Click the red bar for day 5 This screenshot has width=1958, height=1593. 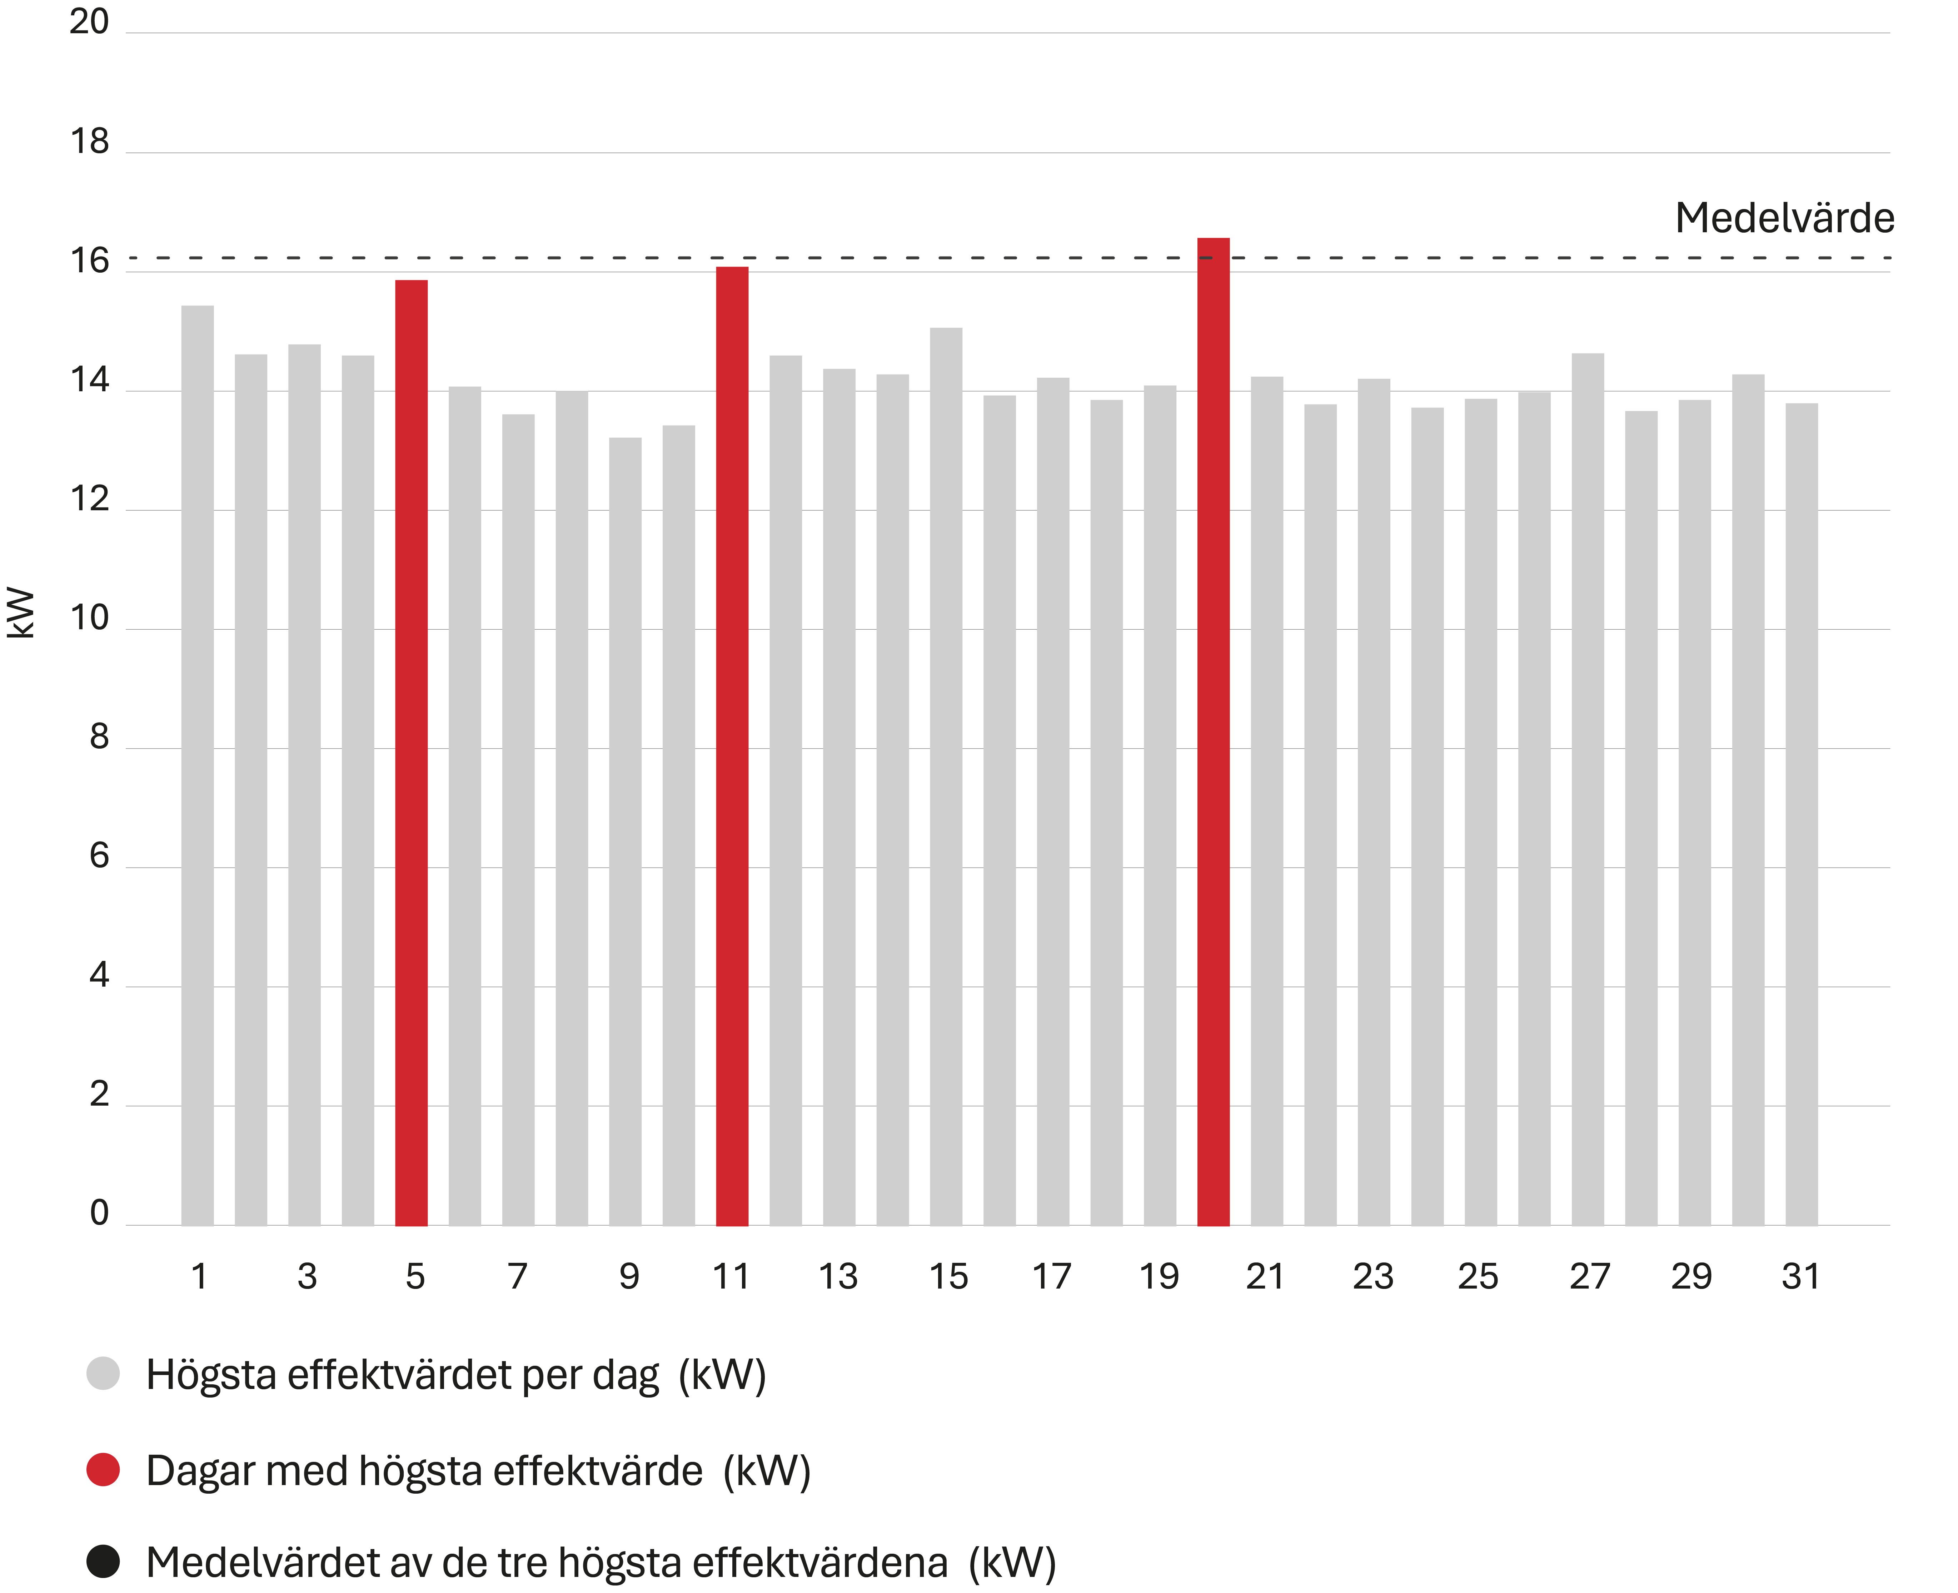(411, 753)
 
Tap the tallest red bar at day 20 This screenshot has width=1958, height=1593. (1213, 731)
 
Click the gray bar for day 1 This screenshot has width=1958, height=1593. (197, 765)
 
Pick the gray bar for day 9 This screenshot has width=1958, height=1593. (625, 832)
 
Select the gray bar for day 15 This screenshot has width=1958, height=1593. (946, 776)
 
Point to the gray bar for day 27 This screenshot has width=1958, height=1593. (1587, 789)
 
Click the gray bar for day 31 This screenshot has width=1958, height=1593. (1801, 814)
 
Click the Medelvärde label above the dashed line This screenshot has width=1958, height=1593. (1784, 218)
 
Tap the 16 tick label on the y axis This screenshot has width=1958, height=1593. (89, 262)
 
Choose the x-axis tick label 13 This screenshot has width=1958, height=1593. (838, 1276)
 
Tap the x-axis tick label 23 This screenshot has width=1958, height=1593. (1372, 1276)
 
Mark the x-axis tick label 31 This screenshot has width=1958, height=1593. (1800, 1276)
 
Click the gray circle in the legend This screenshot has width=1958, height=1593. (103, 1374)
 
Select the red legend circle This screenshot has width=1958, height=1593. (103, 1469)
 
